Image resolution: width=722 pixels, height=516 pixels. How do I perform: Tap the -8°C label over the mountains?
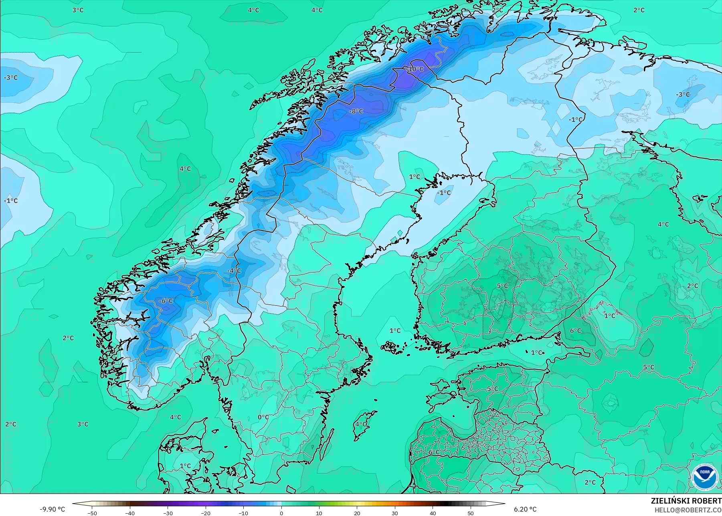point(356,111)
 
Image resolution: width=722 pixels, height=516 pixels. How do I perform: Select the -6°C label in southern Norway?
point(166,301)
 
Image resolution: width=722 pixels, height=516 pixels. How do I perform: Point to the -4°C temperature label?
point(234,271)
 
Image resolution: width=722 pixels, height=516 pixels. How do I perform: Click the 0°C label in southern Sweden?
point(263,417)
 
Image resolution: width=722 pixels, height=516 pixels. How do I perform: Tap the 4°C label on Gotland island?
point(361,424)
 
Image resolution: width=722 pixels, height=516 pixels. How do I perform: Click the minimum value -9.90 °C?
point(52,509)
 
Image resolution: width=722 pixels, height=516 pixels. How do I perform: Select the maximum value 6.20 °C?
point(525,509)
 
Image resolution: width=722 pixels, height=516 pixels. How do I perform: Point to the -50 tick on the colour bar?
point(92,513)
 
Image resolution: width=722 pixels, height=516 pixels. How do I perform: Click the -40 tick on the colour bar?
point(130,513)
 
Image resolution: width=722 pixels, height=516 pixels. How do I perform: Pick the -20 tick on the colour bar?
point(206,513)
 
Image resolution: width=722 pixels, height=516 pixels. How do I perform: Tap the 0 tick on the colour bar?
point(281,513)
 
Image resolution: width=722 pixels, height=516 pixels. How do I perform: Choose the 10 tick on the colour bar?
point(319,513)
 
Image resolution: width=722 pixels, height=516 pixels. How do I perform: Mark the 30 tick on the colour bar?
point(395,513)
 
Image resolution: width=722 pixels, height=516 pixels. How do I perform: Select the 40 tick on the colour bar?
point(433,513)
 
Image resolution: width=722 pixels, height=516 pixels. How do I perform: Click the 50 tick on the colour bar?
point(471,513)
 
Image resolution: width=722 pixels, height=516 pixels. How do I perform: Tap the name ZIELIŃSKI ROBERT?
point(686,501)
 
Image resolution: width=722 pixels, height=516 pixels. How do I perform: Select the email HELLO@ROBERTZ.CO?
point(688,510)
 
